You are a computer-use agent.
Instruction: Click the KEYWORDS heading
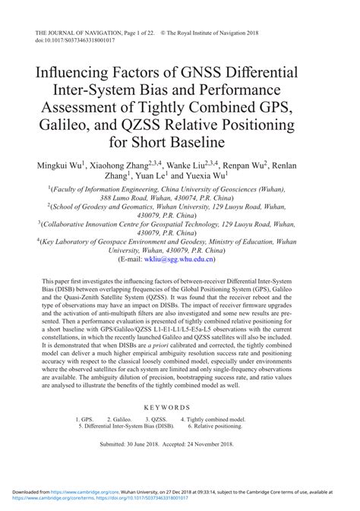point(180,407)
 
